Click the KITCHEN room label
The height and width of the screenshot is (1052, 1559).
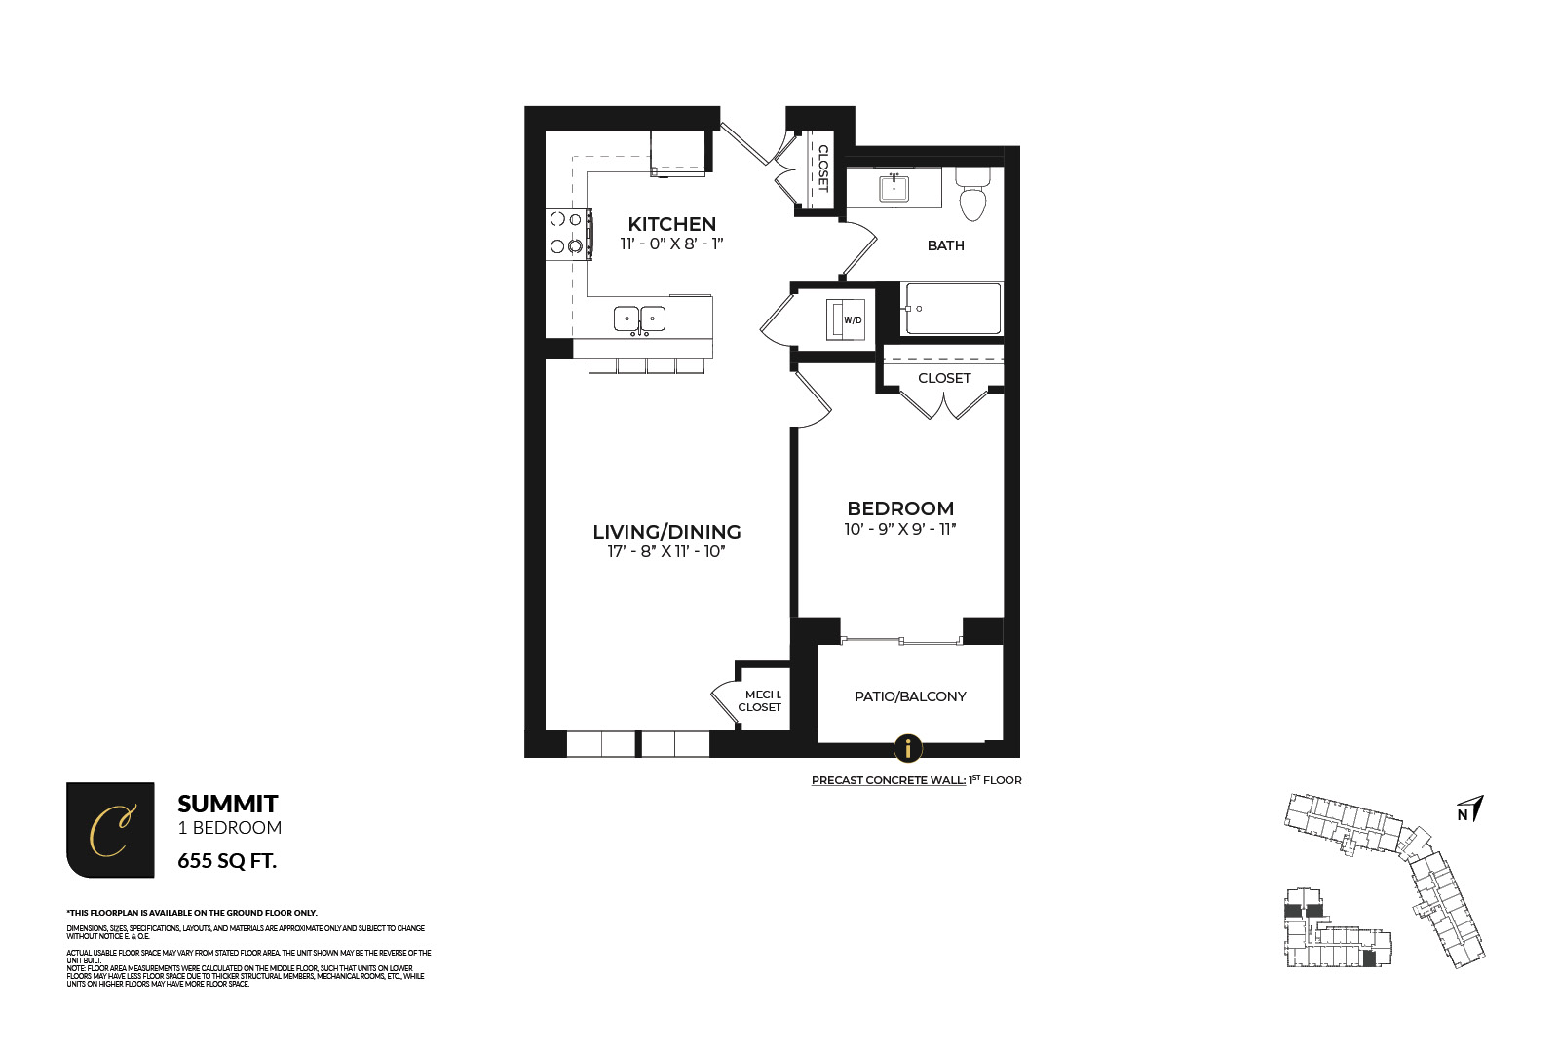tap(671, 224)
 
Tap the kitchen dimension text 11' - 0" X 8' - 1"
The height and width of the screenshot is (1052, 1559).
tap(671, 244)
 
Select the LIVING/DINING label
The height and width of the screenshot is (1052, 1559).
tap(666, 532)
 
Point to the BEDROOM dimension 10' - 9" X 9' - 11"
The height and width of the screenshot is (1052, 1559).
tap(900, 529)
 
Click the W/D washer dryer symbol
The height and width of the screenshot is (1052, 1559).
tap(847, 319)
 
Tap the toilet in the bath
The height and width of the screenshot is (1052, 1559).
tap(972, 195)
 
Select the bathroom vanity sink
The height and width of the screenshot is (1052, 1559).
tap(894, 187)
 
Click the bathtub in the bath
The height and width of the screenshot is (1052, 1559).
tap(952, 308)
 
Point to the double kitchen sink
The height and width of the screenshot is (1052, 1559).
tap(639, 319)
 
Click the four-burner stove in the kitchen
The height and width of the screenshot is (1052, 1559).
tap(568, 234)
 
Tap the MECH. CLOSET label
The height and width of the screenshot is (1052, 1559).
tap(761, 701)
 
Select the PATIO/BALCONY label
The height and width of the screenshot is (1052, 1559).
tap(910, 696)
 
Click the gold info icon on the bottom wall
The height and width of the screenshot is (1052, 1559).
tap(908, 748)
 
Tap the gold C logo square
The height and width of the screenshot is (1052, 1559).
tap(110, 830)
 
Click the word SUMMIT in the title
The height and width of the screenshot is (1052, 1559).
tap(228, 804)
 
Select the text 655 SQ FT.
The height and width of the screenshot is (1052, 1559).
tap(227, 861)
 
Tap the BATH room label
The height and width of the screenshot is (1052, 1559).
tap(945, 245)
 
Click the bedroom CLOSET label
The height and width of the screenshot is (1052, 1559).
tap(944, 378)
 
